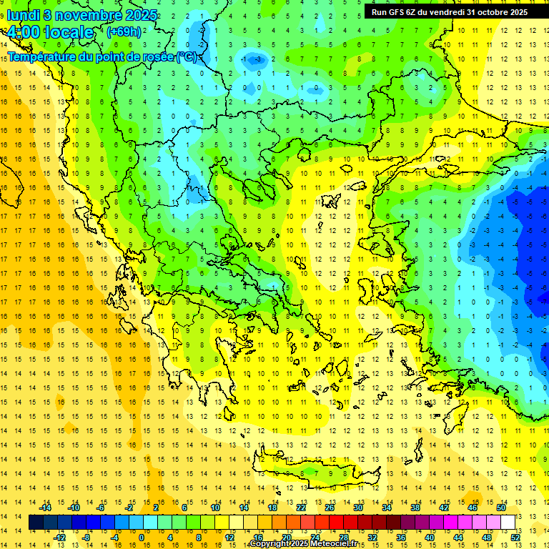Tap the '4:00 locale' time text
(51, 32)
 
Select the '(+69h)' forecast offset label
(123, 31)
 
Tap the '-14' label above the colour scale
(45, 508)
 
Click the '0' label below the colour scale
(142, 538)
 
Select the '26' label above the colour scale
(330, 508)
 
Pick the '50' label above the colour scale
(500, 508)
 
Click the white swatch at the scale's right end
(508, 523)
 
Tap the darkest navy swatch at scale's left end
(36, 523)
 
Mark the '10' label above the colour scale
(215, 508)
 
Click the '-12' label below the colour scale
(59, 538)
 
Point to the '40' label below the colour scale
(430, 538)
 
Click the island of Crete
(315, 473)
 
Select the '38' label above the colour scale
(415, 508)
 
